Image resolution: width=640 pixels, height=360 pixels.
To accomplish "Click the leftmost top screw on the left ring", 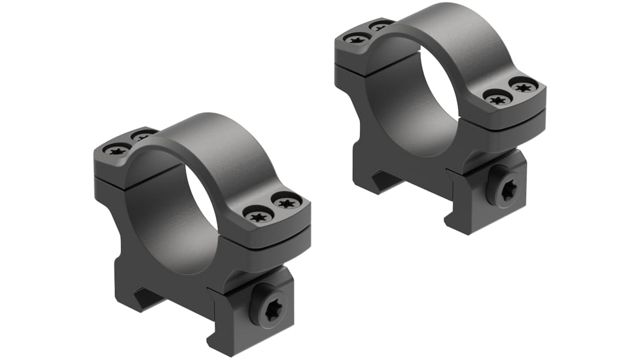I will tap(118, 150).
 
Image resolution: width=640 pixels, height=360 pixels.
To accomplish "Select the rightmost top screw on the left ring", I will tap(287, 203).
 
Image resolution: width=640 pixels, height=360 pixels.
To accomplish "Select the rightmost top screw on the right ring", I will tap(523, 85).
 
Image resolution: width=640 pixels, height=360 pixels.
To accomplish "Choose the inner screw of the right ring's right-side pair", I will tap(497, 99).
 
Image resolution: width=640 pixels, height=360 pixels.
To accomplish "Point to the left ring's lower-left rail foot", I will tap(141, 298).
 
